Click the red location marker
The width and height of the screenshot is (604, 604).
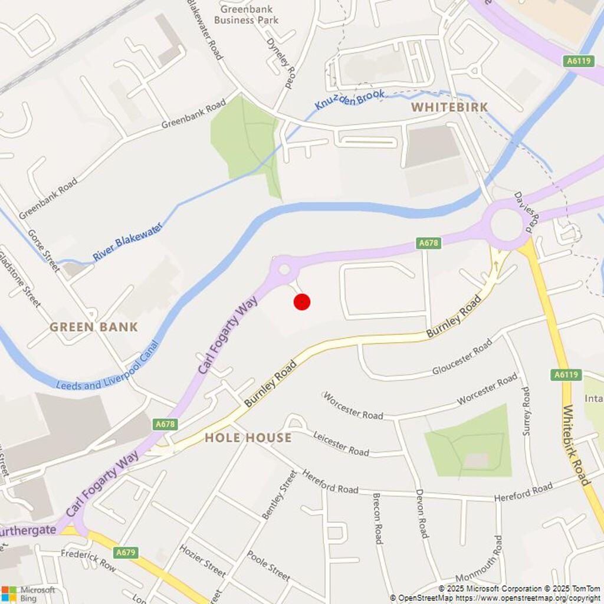point(302,302)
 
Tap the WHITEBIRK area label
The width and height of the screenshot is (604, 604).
point(449,107)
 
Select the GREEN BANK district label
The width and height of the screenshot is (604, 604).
point(93,327)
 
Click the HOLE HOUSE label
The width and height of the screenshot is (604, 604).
point(248,438)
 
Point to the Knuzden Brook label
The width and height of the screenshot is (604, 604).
point(349,100)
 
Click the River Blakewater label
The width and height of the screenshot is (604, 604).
point(127,242)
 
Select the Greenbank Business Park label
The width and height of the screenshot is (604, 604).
point(246,15)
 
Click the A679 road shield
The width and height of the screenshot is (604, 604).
point(126,553)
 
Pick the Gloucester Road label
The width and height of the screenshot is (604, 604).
point(462,357)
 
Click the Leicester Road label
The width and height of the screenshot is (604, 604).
point(341,444)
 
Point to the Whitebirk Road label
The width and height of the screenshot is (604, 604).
point(576,445)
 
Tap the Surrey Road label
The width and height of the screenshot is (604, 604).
point(526,411)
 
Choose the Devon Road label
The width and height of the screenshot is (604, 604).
point(421,513)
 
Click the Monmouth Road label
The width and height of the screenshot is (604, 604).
point(497,558)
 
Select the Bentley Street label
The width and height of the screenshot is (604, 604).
point(279,494)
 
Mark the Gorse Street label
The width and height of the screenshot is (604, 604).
point(44,251)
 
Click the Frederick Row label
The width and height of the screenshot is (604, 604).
point(88,560)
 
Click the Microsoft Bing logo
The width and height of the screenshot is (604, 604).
point(28,593)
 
